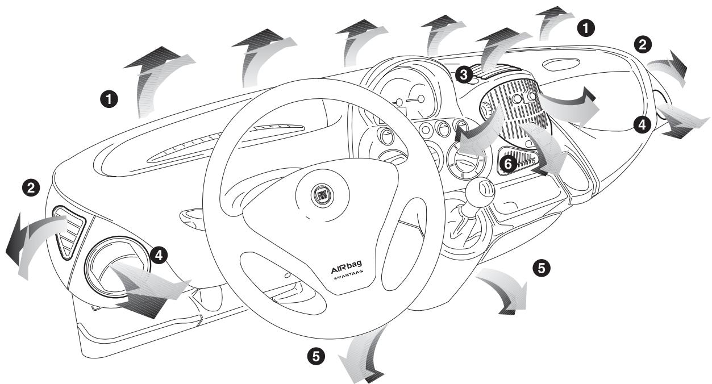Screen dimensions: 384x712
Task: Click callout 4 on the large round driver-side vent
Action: pos(160,256)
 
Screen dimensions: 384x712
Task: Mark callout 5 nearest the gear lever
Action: pos(542,268)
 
